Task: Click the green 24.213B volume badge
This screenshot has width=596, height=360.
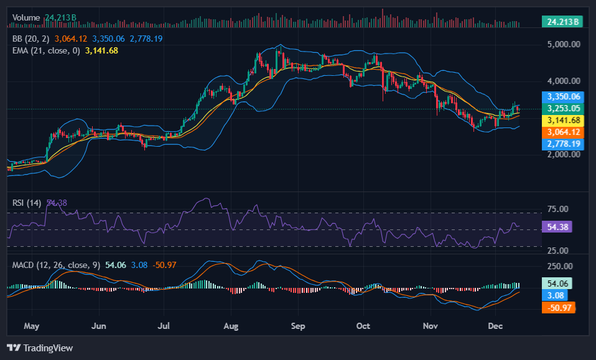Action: click(562, 22)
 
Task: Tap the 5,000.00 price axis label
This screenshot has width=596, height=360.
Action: click(563, 45)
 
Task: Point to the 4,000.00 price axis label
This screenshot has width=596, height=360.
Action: click(563, 81)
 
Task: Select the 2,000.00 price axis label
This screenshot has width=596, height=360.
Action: click(563, 155)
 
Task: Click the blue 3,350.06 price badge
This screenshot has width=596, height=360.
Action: click(563, 96)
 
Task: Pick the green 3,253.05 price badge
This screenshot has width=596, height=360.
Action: click(563, 108)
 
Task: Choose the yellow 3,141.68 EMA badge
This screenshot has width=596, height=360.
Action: click(563, 120)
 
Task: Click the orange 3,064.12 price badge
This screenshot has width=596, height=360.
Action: click(563, 132)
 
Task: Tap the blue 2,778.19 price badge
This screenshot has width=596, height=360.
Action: click(563, 144)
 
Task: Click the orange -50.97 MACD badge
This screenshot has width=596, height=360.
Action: click(560, 307)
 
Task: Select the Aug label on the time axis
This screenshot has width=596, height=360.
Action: click(231, 325)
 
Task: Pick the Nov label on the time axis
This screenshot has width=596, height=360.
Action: click(430, 325)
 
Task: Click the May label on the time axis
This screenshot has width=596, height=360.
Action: click(31, 325)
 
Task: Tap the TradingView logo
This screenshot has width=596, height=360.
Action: click(40, 348)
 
